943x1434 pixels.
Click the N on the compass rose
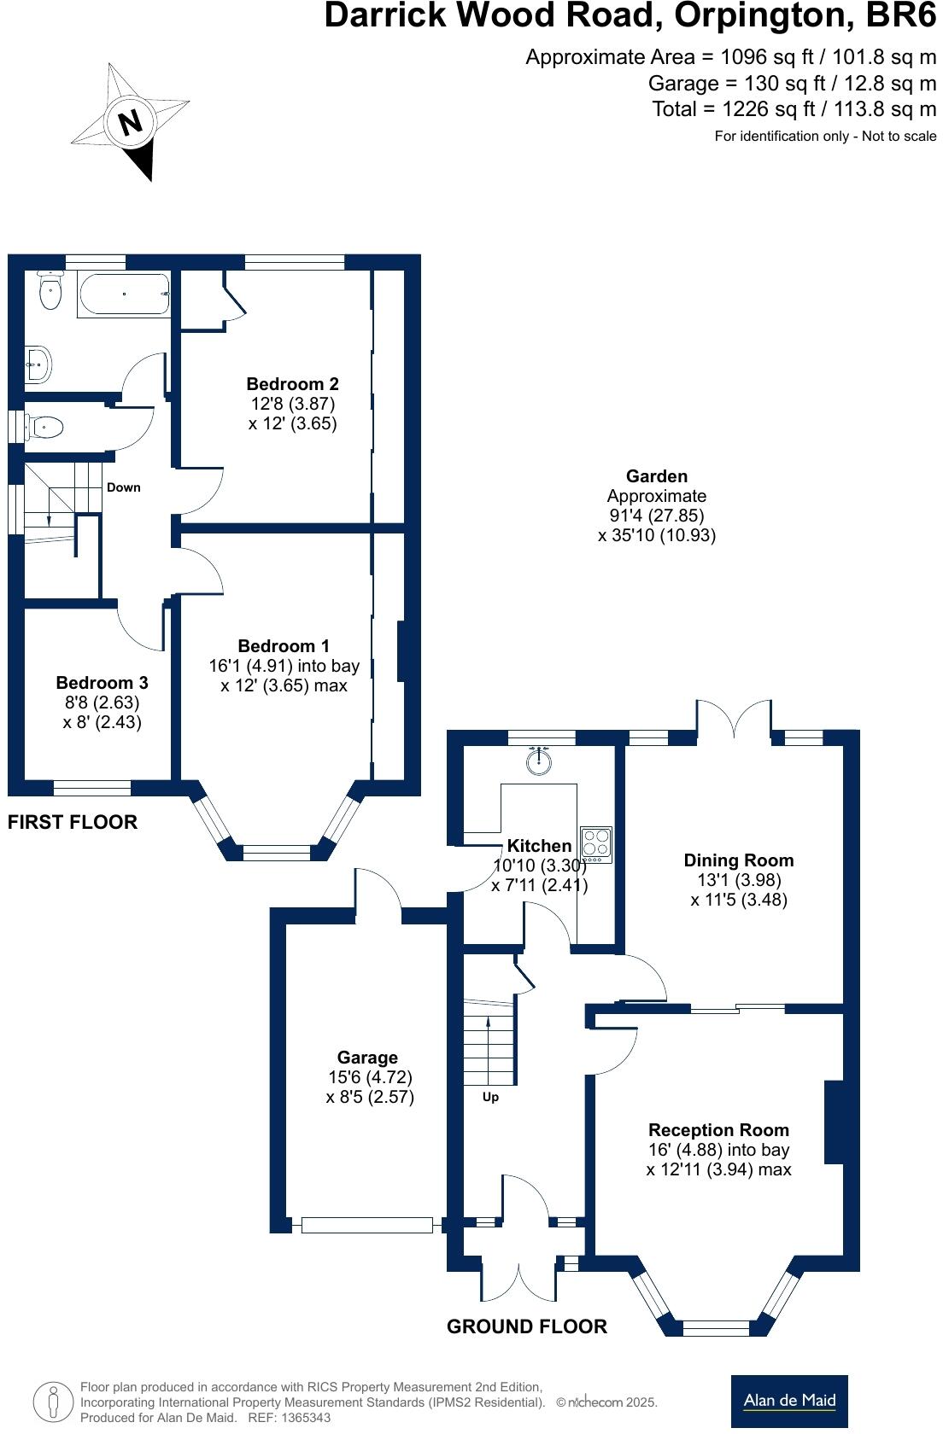pos(130,123)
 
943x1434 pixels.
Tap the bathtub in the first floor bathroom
pos(124,294)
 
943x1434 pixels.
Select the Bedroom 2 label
pos(292,384)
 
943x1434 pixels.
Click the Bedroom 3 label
pos(102,683)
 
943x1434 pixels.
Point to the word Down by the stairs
pos(123,487)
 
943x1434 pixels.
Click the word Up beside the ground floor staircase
pos(490,1098)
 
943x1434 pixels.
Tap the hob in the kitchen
pos(596,842)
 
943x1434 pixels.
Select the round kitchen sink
pos(539,761)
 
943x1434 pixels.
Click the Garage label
pos(367,1058)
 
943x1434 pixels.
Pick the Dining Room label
pos(738,860)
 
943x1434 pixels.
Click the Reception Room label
pos(718,1130)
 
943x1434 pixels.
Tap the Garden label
pos(656,476)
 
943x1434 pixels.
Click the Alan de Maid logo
pos(789,1401)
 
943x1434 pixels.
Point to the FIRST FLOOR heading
pos(73,822)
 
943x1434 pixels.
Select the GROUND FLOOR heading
pos(527,1326)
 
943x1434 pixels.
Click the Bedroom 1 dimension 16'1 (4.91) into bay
pos(284,666)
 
